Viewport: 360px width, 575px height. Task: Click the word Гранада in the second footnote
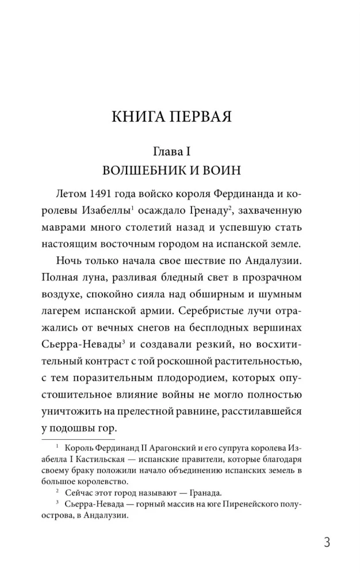click(x=195, y=492)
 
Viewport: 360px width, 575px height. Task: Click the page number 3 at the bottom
click(x=327, y=542)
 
